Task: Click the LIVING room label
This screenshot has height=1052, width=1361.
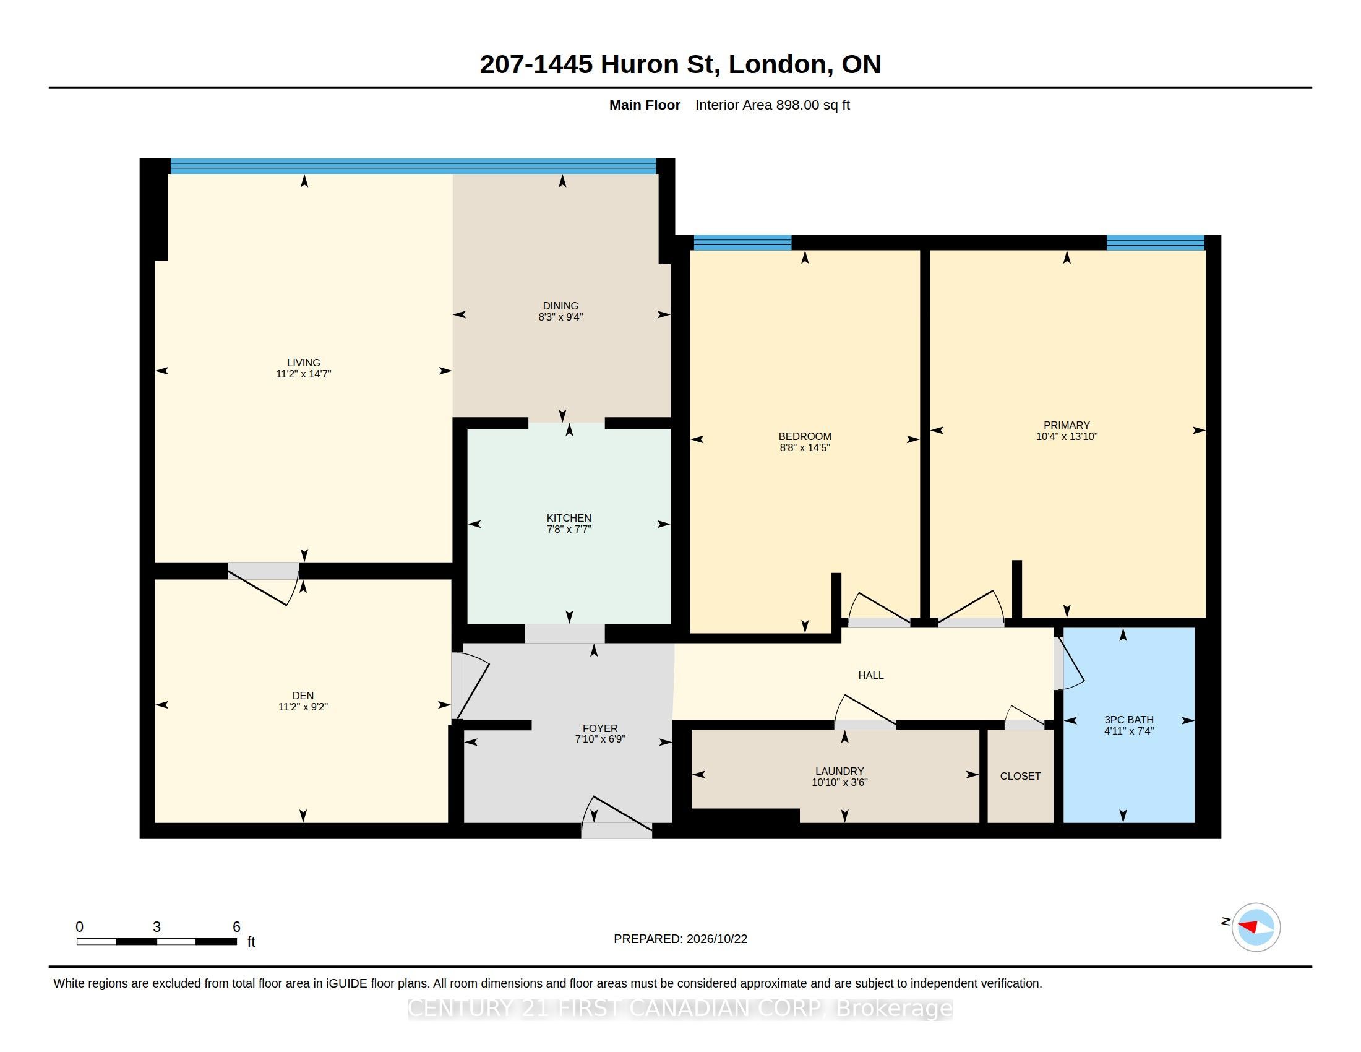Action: pos(303,363)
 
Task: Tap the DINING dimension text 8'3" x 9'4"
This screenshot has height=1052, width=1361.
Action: pos(560,317)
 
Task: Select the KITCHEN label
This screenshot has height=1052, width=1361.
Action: pos(569,518)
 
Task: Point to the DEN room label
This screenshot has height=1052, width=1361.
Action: pos(303,696)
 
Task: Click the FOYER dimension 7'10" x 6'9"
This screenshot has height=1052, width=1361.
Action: pos(599,739)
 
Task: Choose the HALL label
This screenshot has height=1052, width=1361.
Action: pos(870,675)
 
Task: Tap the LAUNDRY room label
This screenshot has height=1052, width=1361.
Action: pos(839,771)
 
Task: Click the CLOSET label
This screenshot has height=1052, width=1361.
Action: pos(1020,776)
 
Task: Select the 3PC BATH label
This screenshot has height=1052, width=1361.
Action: pos(1128,720)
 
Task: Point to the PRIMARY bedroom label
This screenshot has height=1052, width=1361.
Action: pos(1067,425)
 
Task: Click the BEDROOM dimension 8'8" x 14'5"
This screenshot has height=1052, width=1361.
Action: pos(804,447)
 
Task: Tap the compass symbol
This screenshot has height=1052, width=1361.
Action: pos(1256,927)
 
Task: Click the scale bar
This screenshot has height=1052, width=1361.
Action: pos(157,941)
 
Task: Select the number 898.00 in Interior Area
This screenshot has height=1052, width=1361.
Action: pos(797,105)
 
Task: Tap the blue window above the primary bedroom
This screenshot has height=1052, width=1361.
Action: pos(1156,243)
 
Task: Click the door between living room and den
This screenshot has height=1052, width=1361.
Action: pos(263,584)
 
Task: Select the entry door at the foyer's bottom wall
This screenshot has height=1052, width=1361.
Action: pos(616,816)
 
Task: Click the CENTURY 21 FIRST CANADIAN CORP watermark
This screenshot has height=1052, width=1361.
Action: pos(680,1007)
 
